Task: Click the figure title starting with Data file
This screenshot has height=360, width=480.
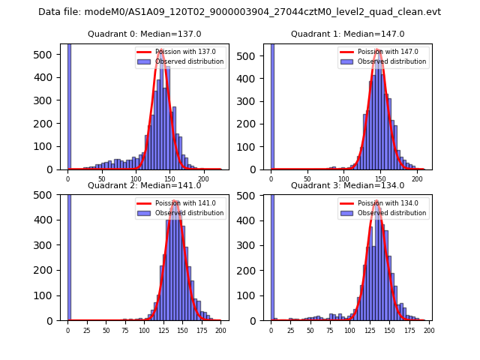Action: point(239,12)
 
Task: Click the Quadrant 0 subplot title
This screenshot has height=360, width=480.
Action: point(144,34)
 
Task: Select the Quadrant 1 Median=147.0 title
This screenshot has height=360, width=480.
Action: point(347,34)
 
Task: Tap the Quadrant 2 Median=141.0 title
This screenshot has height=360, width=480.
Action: point(144,185)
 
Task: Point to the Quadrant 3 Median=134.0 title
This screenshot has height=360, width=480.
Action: point(347,185)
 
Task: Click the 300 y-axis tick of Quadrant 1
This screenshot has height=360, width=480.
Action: point(253,100)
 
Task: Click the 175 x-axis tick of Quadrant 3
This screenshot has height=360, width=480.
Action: point(409,331)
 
